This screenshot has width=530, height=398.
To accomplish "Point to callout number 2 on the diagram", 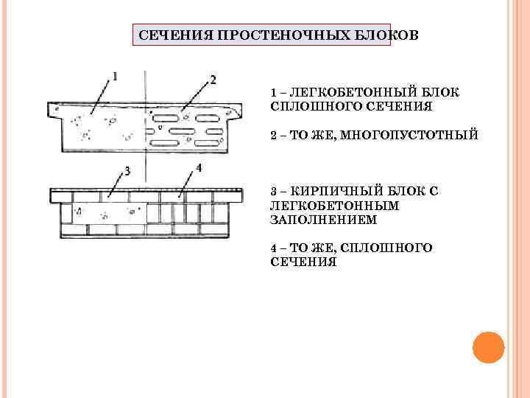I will [x=213, y=80].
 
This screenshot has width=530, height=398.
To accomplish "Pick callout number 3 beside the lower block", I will [x=127, y=172].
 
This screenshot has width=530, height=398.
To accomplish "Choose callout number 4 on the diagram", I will [x=199, y=168].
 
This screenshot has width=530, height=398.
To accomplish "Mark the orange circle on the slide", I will [x=487, y=347].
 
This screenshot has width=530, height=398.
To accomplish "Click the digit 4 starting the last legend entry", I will [x=274, y=248].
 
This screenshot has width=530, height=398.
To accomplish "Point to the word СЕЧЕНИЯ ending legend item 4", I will [x=303, y=262].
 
